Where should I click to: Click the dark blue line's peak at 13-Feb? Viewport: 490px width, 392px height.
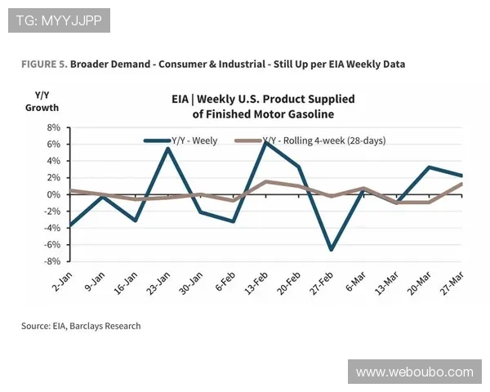[265, 142]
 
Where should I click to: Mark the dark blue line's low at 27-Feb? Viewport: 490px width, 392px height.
[331, 249]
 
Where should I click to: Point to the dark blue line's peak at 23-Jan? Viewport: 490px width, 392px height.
[167, 148]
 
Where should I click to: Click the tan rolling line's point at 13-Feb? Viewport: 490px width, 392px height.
[265, 181]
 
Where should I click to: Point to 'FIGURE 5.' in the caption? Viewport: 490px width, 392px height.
[44, 63]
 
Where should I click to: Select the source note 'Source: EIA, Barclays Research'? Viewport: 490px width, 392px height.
[81, 326]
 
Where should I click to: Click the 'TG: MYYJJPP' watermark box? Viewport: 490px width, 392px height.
[59, 20]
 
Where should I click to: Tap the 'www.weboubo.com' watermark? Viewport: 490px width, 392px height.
[415, 372]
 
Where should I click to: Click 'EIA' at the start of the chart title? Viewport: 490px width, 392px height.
[181, 99]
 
